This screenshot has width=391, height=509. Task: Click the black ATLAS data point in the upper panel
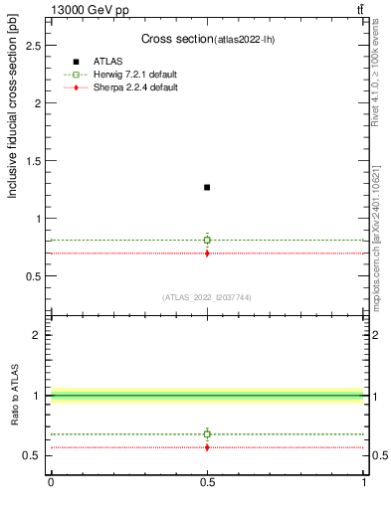point(207,187)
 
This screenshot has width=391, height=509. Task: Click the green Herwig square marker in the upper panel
point(207,240)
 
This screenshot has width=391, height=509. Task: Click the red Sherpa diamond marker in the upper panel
point(207,254)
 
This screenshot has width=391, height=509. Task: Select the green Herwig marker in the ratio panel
point(207,433)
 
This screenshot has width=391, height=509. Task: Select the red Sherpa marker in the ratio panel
point(207,447)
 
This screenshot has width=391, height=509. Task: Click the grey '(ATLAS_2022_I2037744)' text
point(207,296)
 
